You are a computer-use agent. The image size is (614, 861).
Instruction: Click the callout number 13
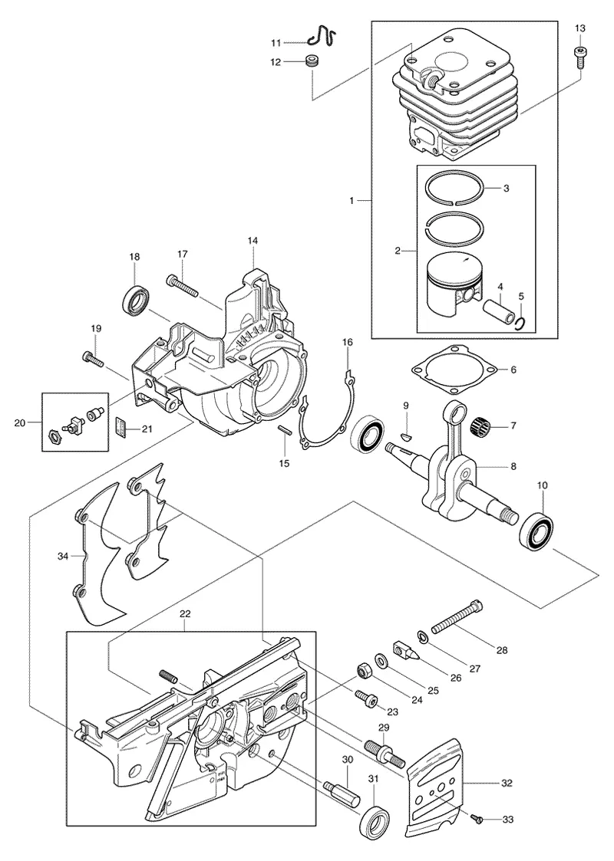pyautogui.click(x=580, y=28)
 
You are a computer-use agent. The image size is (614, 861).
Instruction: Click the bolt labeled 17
pyautogui.click(x=181, y=286)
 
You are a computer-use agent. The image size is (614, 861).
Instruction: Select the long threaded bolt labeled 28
pyautogui.click(x=458, y=617)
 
